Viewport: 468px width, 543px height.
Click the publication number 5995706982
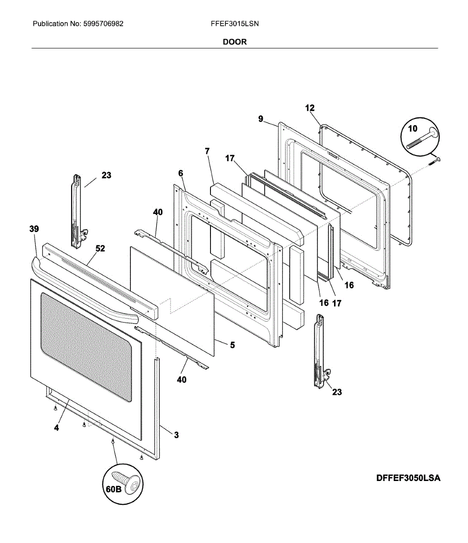103,24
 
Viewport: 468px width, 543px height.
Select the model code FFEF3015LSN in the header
234,24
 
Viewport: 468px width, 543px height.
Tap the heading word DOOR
234,42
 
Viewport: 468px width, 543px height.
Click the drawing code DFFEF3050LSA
408,478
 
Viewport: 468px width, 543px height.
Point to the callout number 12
310,108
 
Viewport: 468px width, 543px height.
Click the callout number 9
261,119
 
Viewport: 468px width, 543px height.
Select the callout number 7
207,152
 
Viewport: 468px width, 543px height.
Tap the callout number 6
181,173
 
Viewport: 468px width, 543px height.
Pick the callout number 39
34,229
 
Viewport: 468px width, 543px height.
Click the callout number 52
100,248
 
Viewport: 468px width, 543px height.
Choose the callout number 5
232,345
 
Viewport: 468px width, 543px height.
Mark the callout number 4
57,428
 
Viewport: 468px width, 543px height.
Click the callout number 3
176,435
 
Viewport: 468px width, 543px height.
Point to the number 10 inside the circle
412,129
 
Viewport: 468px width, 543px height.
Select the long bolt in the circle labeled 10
422,139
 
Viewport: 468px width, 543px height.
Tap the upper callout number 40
158,212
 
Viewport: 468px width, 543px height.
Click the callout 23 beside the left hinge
106,175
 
